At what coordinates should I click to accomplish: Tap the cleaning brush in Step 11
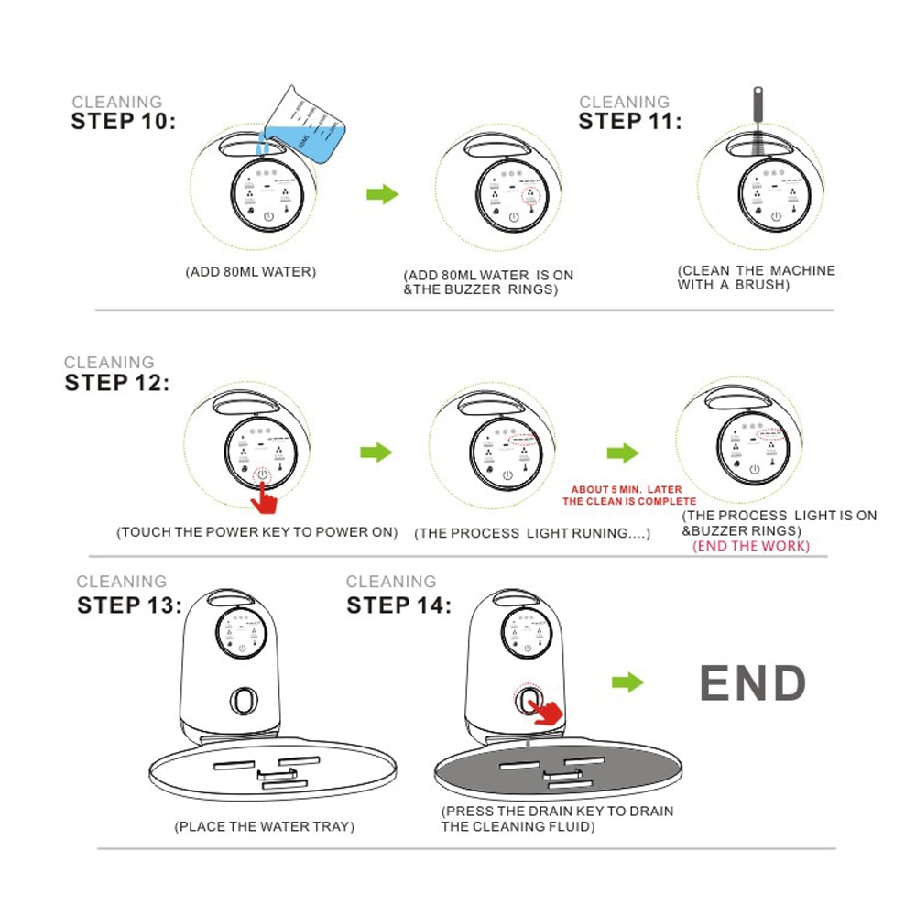point(758,125)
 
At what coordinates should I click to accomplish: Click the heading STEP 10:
point(124,122)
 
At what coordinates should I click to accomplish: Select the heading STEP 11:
point(630,122)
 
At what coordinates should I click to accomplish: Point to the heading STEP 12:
point(117,383)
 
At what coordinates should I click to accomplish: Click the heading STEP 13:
point(130,605)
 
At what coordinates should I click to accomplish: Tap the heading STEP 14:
point(399,605)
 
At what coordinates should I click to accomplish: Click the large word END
point(752,682)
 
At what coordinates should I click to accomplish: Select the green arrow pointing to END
point(627,682)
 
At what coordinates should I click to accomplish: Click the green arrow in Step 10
point(383,194)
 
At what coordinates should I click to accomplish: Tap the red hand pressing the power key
point(265,497)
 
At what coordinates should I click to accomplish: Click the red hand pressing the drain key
point(544,712)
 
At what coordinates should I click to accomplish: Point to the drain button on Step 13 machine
point(245,701)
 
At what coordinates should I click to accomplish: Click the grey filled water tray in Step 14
point(558,769)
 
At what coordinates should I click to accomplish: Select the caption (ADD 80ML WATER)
point(251,272)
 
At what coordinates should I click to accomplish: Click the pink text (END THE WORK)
point(751,546)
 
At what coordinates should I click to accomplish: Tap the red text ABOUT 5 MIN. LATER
point(627,489)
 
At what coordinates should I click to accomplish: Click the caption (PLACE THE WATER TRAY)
point(264,826)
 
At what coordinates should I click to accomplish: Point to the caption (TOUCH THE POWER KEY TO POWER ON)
point(257,532)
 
